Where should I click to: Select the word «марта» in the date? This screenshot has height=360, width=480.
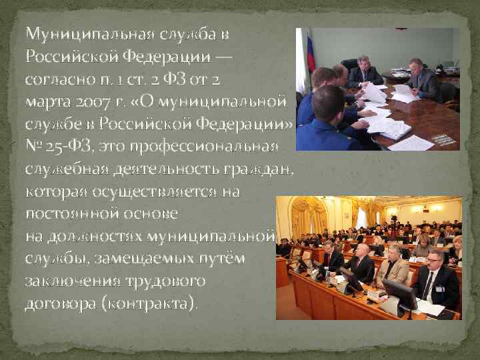[x=42, y=101]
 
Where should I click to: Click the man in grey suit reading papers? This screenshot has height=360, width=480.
[x=422, y=80]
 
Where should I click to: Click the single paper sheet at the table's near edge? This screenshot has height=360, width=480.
[x=413, y=143]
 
